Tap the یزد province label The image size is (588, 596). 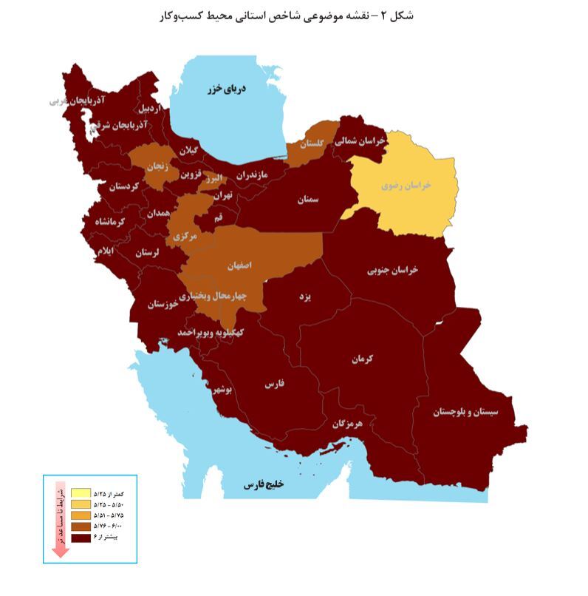pyautogui.click(x=304, y=296)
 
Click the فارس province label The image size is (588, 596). pyautogui.click(x=274, y=385)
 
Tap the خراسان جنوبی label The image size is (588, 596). pyautogui.click(x=392, y=270)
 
